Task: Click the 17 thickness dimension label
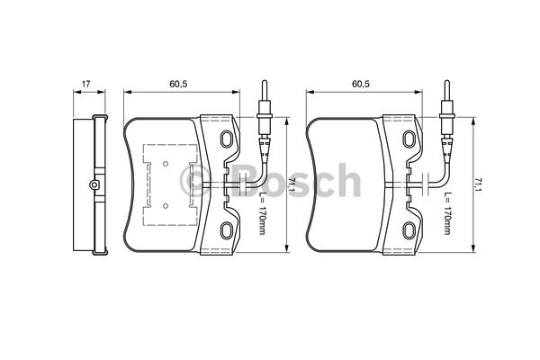coord(85,84)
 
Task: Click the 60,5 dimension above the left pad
coord(178,84)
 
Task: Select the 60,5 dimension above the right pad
coord(361,84)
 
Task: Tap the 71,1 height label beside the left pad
coord(292,185)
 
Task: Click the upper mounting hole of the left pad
coord(227,139)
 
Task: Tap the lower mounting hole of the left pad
coord(227,230)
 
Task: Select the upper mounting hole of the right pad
coord(409,139)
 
